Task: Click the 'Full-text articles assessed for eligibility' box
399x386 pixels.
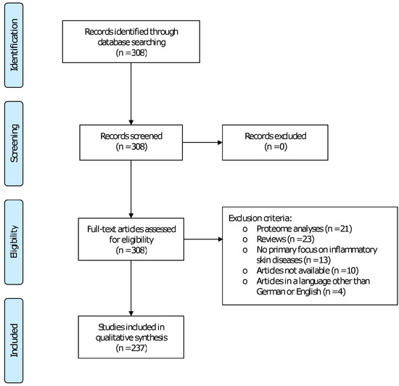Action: pyautogui.click(x=131, y=239)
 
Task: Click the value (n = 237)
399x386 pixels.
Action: pyautogui.click(x=131, y=348)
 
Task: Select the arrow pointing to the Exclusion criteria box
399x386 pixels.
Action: pyautogui.click(x=202, y=239)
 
